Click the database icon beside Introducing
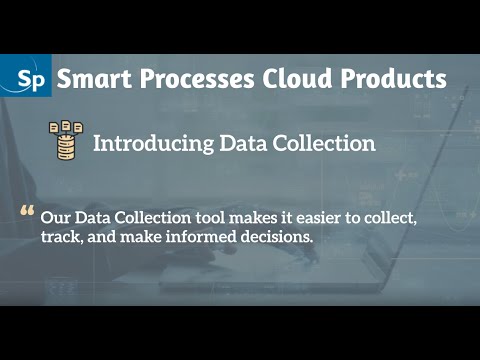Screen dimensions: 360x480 (66, 141)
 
